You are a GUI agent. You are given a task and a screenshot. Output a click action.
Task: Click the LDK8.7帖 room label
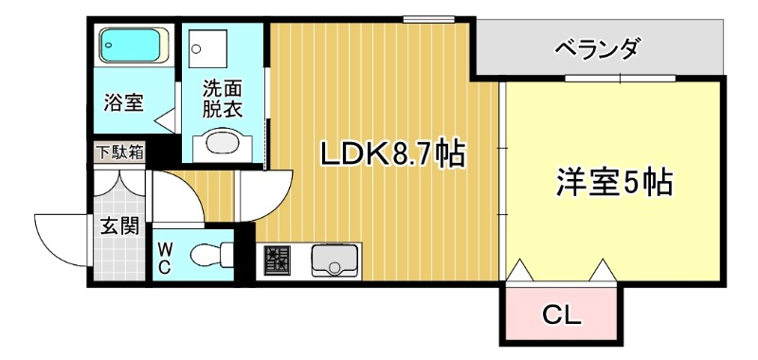pos(391,153)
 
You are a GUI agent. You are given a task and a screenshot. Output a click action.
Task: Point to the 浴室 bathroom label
pos(124,101)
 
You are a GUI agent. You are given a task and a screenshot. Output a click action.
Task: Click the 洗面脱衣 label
pos(222,99)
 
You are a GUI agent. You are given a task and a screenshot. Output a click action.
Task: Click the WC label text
pos(165,256)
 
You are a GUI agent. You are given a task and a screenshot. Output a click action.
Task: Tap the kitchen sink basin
pos(333,258)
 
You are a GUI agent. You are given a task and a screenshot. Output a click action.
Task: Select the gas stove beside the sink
pos(278,259)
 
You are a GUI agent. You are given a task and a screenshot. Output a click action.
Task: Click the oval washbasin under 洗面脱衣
pos(221,145)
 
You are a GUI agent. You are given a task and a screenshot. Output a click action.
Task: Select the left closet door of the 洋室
pos(522,271)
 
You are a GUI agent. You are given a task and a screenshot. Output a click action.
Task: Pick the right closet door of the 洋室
pos(604,271)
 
